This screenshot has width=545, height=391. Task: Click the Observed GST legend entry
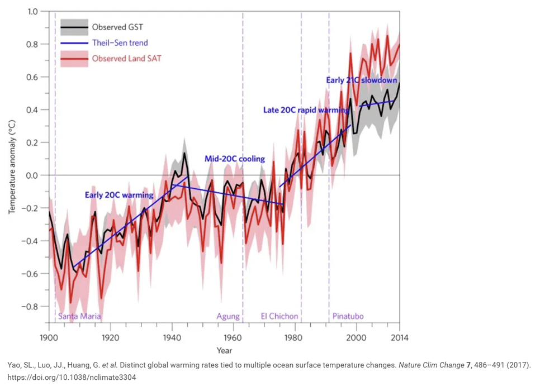pyautogui.click(x=117, y=27)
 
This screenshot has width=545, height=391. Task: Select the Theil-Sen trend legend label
pyautogui.click(x=120, y=42)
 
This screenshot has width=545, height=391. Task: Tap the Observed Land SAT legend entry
pyautogui.click(x=126, y=58)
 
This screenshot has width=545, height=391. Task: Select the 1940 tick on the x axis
pyautogui.click(x=172, y=337)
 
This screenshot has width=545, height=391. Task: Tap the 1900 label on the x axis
pyautogui.click(x=49, y=337)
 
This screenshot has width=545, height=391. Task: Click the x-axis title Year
pyautogui.click(x=224, y=351)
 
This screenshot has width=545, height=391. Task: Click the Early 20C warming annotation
pyautogui.click(x=119, y=195)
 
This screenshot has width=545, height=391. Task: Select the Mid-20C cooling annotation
pyautogui.click(x=234, y=159)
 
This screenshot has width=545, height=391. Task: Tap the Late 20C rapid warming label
pyautogui.click(x=306, y=110)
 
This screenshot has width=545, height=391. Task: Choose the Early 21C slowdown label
pyautogui.click(x=361, y=80)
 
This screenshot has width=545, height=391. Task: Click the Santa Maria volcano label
pyautogui.click(x=80, y=316)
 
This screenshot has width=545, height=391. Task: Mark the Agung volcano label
pyautogui.click(x=228, y=316)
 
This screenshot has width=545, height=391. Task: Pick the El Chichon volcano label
pyautogui.click(x=279, y=316)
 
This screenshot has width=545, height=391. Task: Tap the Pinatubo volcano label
pyautogui.click(x=348, y=316)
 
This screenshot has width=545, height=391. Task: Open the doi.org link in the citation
pyautogui.click(x=72, y=377)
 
